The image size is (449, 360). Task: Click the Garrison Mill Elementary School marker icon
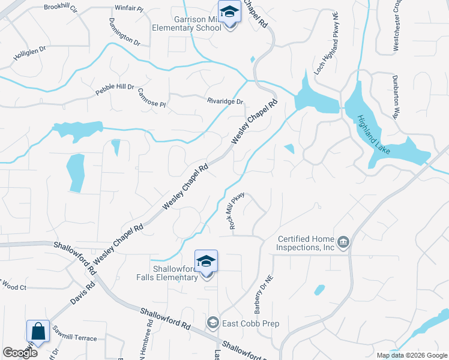coord(229,12)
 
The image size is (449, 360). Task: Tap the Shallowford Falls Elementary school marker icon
coord(206,262)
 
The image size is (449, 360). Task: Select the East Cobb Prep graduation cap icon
coord(212,323)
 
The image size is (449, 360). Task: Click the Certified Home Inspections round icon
coord(343,242)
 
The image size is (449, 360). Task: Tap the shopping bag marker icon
coord(37,331)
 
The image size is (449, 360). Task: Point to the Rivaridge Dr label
coord(225,101)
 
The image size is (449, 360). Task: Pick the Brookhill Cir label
coord(61,8)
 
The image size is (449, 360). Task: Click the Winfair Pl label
coord(128,8)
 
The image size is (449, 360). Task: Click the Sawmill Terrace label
coord(74,338)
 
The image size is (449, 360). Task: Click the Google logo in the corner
coord(19,352)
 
